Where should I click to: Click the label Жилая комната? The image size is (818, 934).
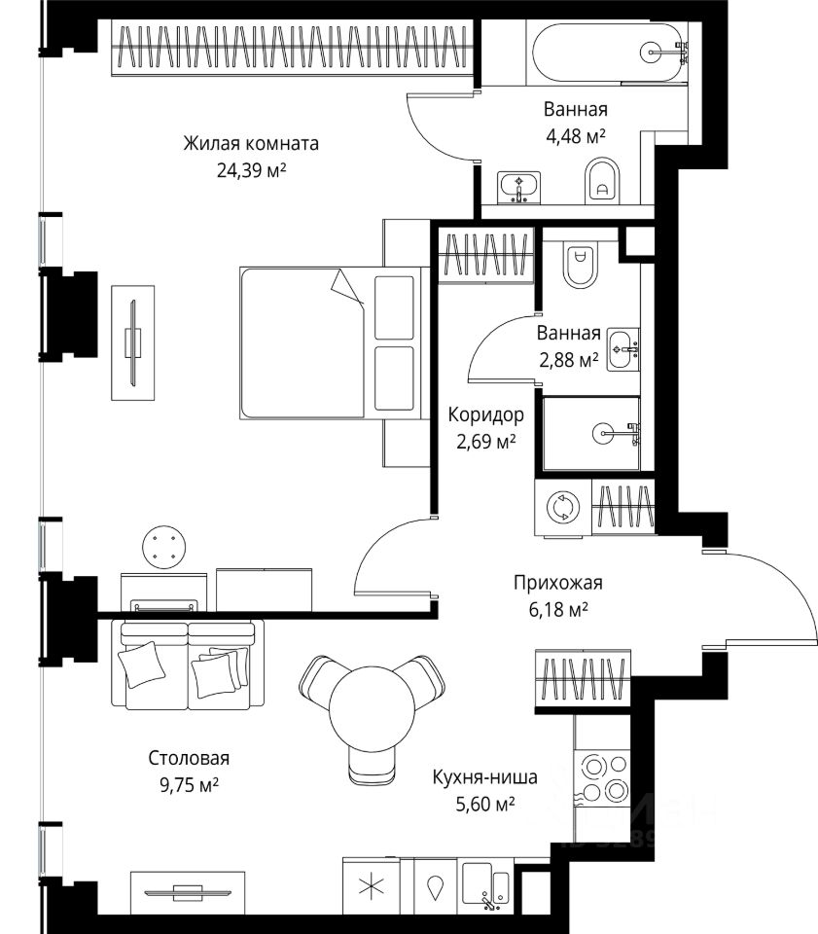(251, 144)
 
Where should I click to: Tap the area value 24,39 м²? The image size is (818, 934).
(251, 171)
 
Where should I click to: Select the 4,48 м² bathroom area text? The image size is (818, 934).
(576, 136)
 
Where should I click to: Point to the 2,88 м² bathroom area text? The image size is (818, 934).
(569, 360)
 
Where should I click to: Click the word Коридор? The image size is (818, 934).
(485, 414)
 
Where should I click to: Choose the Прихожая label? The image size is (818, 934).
(558, 582)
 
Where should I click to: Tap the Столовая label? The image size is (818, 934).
(189, 758)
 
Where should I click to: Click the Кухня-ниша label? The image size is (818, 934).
(484, 776)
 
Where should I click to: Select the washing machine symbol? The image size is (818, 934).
(563, 508)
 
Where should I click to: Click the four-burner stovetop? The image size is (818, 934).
(601, 777)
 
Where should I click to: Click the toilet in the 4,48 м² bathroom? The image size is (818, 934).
(602, 181)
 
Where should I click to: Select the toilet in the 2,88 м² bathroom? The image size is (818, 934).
(580, 265)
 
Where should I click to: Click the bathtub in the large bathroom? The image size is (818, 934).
(606, 53)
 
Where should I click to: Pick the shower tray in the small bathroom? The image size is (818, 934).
(591, 434)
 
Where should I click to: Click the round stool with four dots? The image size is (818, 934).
(163, 547)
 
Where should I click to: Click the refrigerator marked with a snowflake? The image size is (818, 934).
(372, 887)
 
